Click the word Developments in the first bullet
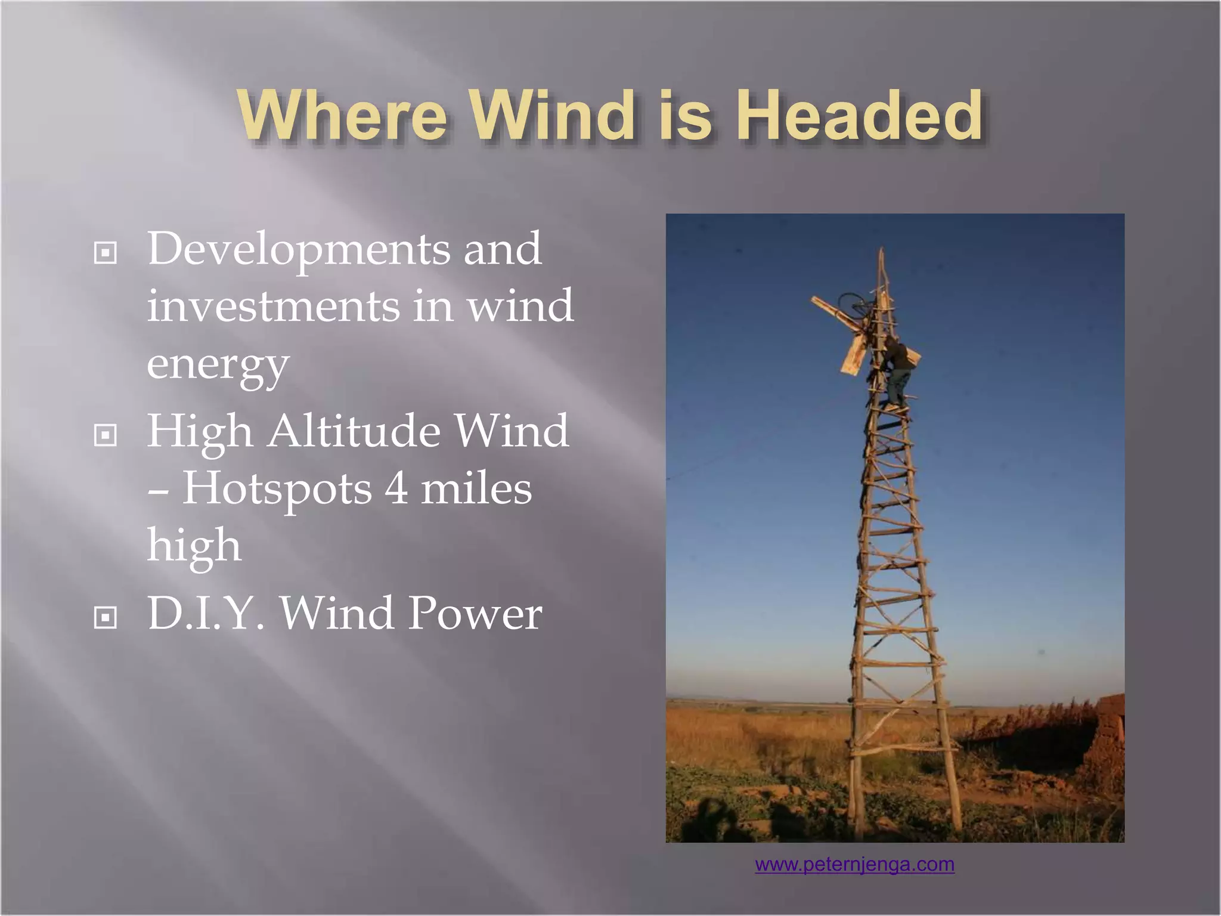coord(298,249)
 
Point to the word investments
coord(272,307)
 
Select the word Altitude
coord(354,431)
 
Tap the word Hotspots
coord(277,488)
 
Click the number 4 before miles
coord(396,488)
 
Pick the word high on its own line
coord(194,545)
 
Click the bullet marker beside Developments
coord(106,253)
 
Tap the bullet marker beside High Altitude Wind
coord(106,435)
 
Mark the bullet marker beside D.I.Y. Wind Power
coord(106,618)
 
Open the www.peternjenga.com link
coord(854,864)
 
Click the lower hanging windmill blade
coord(853,354)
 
